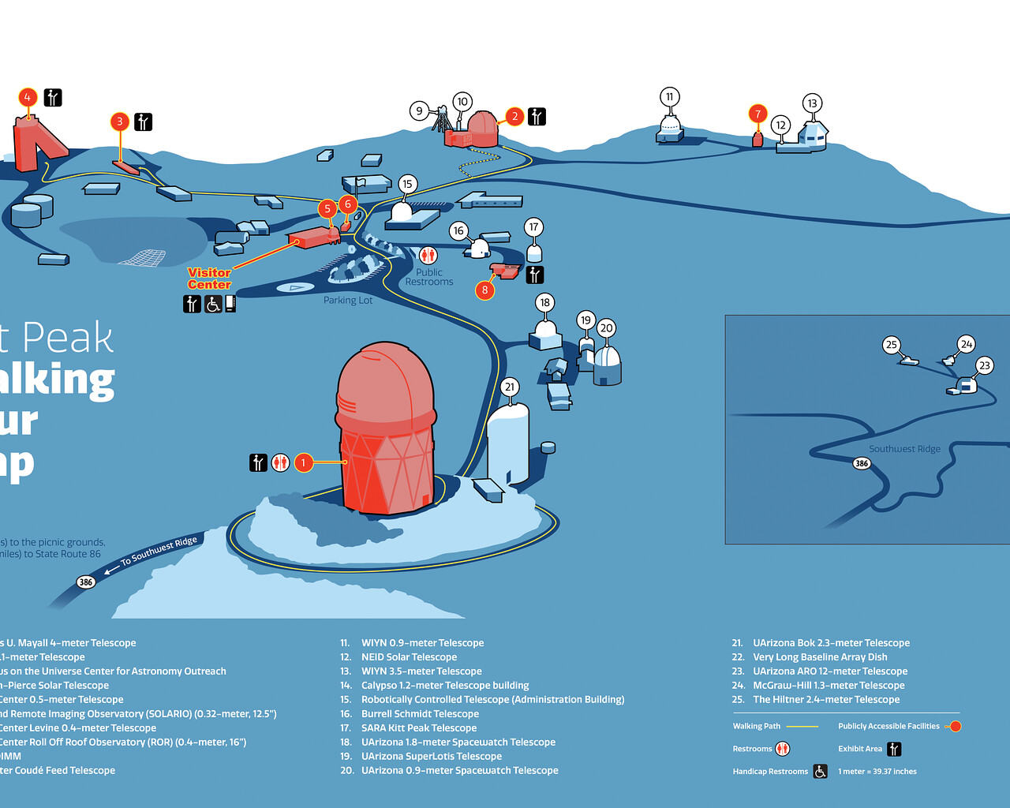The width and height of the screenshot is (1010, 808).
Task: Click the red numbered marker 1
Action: tap(303, 462)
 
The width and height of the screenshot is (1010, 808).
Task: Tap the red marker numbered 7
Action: tap(757, 114)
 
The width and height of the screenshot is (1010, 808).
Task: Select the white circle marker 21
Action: tap(510, 387)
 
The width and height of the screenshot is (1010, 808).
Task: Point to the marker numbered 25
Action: tap(892, 345)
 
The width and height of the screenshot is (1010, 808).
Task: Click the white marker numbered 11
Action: tap(670, 97)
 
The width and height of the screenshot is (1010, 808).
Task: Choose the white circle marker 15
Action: tap(407, 185)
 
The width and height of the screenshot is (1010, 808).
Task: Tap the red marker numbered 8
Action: tap(484, 290)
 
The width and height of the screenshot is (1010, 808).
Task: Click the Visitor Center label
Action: tap(209, 279)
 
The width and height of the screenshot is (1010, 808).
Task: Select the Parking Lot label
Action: tap(348, 301)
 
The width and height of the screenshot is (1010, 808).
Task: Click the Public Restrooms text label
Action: tap(429, 277)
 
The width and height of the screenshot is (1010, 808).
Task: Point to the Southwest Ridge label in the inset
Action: tap(904, 449)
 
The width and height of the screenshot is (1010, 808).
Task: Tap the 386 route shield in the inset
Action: tap(862, 463)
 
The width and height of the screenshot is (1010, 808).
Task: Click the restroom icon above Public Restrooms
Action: tap(428, 255)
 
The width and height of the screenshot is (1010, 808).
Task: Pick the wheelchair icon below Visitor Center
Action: tap(213, 304)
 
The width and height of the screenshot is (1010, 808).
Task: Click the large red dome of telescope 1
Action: tap(386, 387)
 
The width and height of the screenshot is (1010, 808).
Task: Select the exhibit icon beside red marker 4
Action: tap(53, 98)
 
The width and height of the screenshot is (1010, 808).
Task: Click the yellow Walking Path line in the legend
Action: tap(802, 727)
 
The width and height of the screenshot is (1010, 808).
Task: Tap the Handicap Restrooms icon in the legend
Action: tap(821, 772)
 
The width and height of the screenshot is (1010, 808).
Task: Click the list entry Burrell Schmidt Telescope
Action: tap(420, 714)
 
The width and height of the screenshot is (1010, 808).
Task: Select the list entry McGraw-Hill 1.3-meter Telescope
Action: tap(829, 686)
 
